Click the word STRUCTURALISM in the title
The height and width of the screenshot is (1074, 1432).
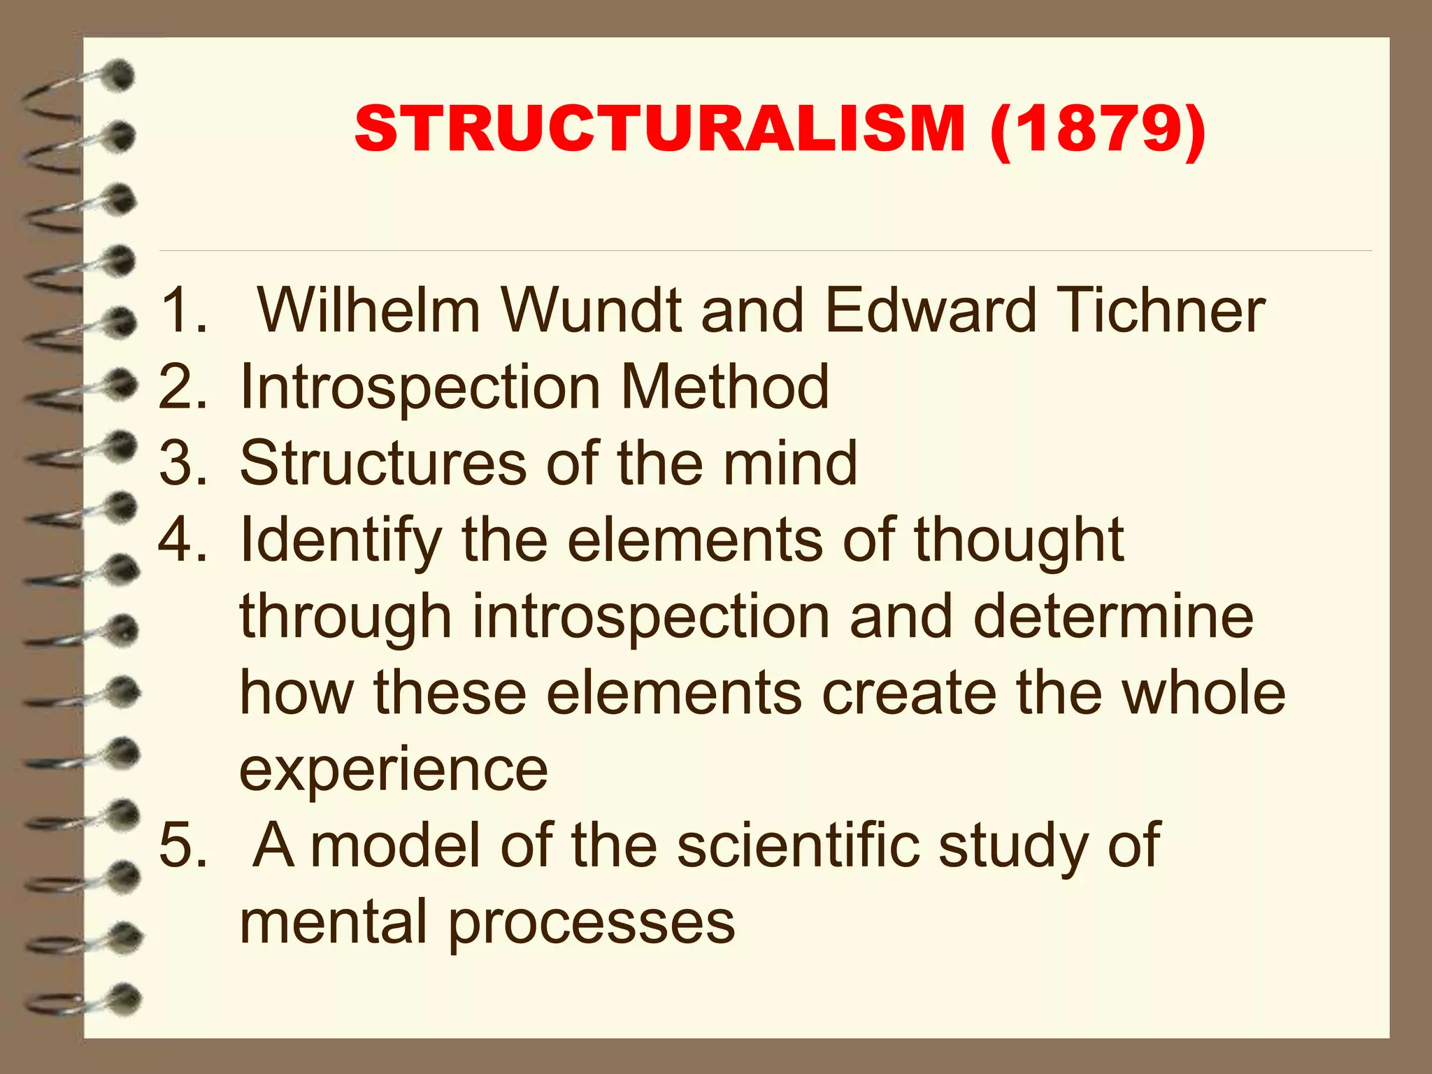click(660, 129)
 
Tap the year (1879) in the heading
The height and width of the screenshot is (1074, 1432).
click(1098, 129)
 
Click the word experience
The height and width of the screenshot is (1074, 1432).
click(394, 771)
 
